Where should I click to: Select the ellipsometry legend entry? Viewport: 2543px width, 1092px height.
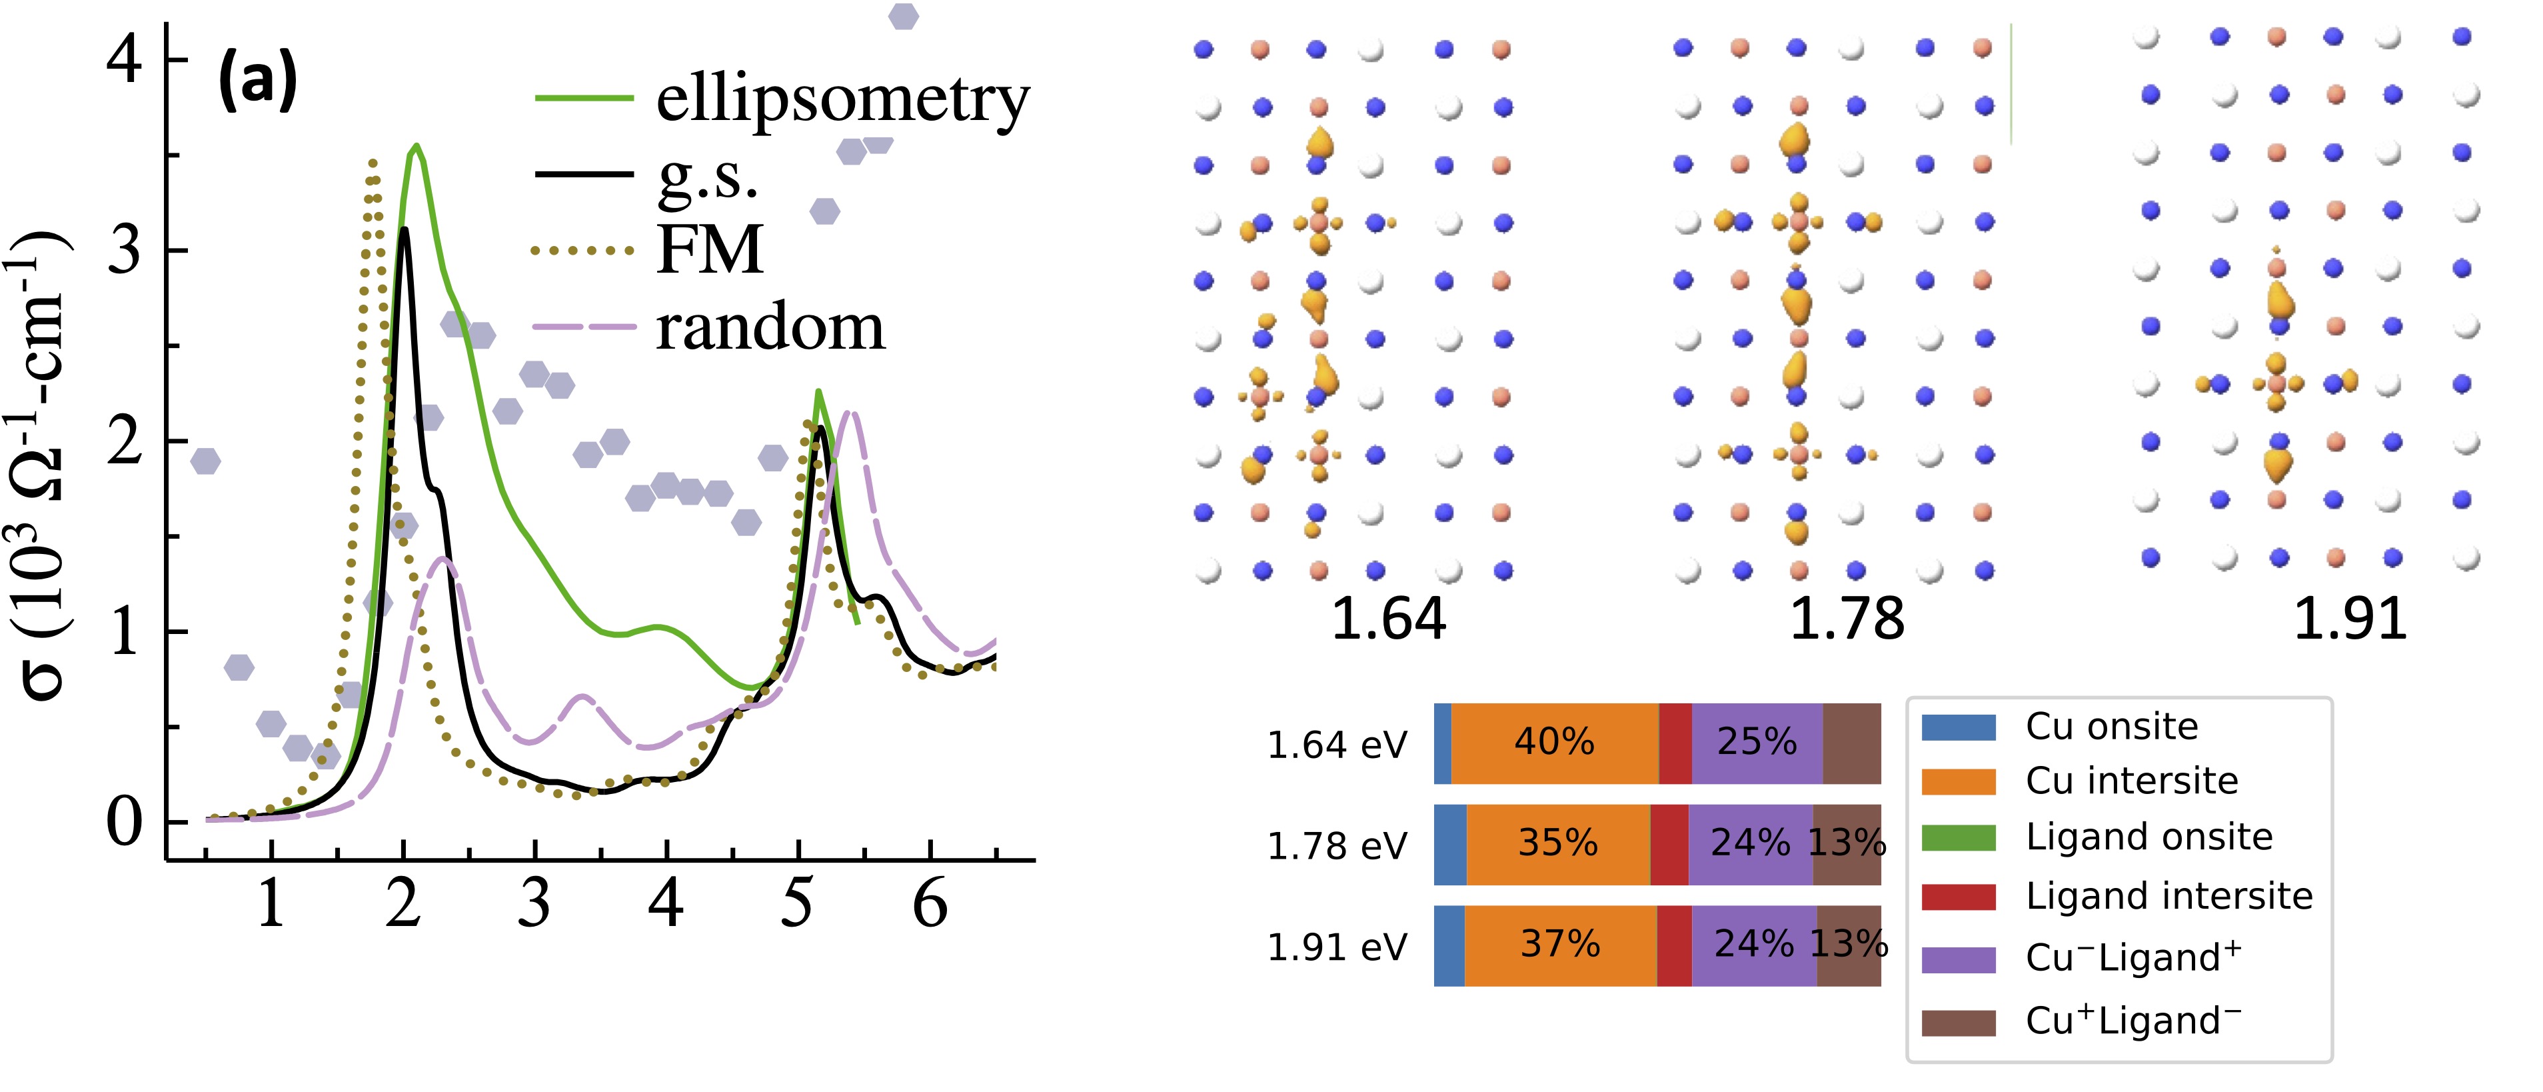(842, 100)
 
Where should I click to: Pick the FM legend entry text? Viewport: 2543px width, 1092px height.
(710, 250)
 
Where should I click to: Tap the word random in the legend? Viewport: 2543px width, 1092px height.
(770, 328)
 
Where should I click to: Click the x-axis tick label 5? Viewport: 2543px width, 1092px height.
(798, 903)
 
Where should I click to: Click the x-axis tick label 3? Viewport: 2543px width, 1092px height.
(534, 903)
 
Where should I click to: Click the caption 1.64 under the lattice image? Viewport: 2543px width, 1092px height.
(1388, 619)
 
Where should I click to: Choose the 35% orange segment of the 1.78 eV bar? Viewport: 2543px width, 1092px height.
(1558, 844)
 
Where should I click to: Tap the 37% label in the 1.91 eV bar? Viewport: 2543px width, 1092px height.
(1560, 945)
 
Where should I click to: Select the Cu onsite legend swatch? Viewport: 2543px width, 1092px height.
(1959, 728)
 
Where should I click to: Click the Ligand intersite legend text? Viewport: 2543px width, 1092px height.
(2169, 897)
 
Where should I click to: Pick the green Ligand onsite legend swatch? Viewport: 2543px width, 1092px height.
(1959, 838)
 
